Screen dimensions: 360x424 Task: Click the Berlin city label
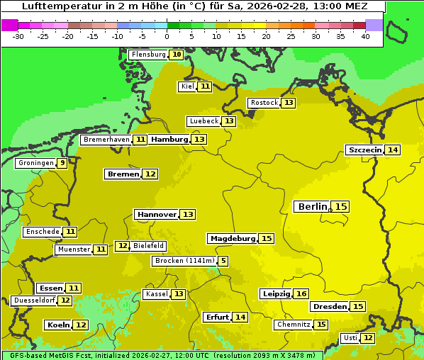312,206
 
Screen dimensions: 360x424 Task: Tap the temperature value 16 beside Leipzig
301,293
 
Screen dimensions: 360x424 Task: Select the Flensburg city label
148,55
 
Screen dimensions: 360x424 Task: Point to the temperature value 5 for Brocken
223,261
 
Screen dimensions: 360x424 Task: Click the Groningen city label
36,163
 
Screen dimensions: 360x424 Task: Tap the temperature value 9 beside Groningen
62,163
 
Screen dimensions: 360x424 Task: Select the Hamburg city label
169,140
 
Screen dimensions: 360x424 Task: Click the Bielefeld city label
148,246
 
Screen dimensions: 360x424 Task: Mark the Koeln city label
58,325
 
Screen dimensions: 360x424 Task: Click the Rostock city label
264,103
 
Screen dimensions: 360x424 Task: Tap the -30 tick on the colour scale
18,35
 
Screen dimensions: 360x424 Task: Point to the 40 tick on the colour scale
365,35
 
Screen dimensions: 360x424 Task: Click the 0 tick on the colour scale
167,35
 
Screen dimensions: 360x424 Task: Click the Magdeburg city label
232,238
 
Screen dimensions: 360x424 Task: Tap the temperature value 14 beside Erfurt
240,317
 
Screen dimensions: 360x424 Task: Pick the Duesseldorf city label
34,300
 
